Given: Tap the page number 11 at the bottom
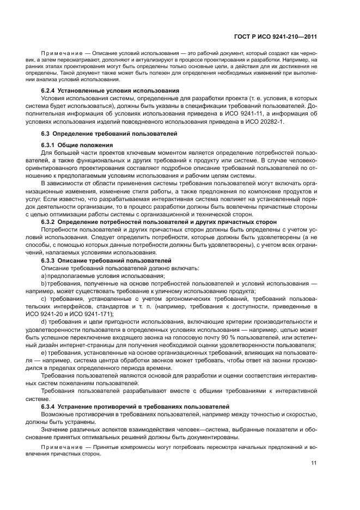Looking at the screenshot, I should [314, 463].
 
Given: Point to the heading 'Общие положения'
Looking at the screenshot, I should [87, 145].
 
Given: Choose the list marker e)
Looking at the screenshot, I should [44, 354].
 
